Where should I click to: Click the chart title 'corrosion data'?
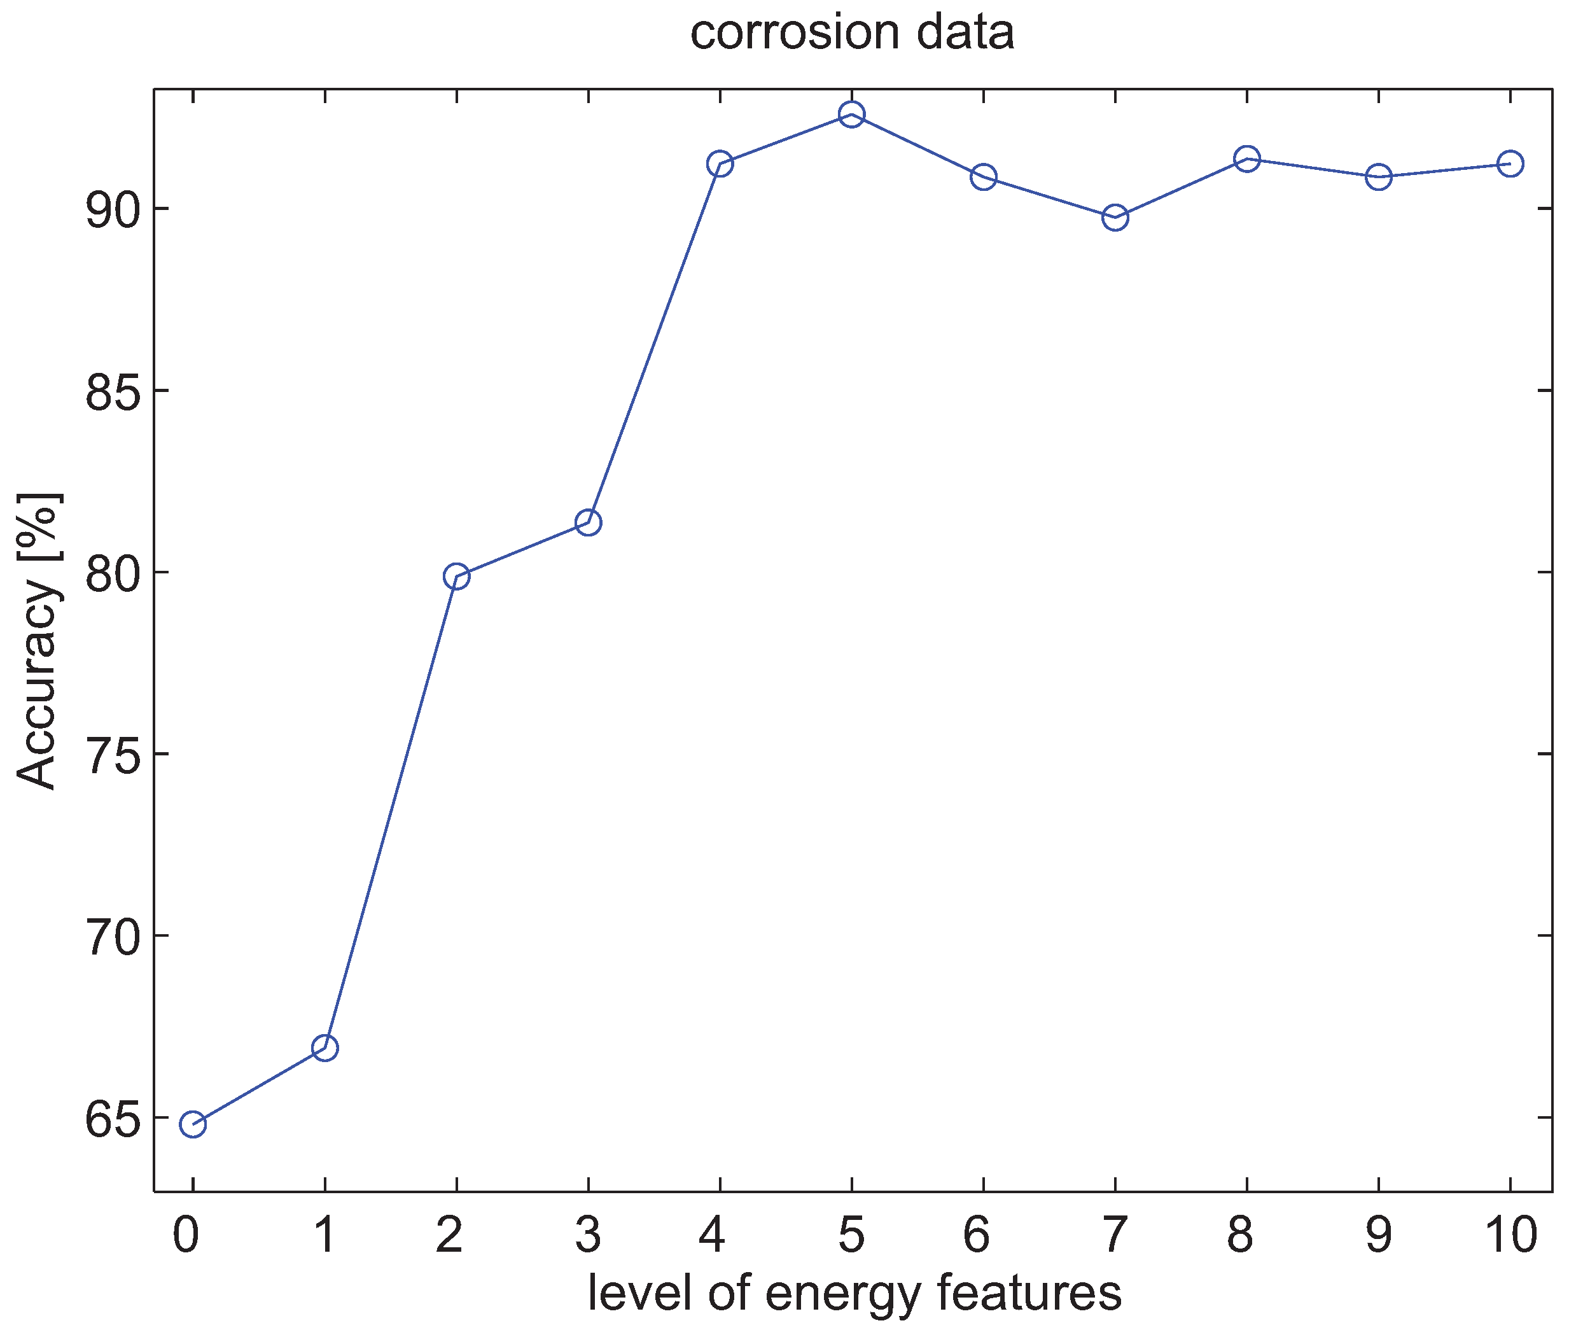(x=852, y=33)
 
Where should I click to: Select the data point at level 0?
(x=192, y=1124)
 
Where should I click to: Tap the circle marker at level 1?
(x=324, y=1047)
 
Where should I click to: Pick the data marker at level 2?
(x=456, y=577)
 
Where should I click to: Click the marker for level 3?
(x=588, y=522)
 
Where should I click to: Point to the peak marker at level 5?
(x=851, y=115)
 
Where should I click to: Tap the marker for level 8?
(x=1247, y=158)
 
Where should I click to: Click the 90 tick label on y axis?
(x=113, y=209)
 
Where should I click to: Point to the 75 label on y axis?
(x=113, y=755)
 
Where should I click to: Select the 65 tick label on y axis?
(x=113, y=1119)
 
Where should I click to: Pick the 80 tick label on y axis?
(x=113, y=573)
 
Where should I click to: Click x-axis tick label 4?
(x=713, y=1236)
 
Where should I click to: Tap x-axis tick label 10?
(x=1510, y=1236)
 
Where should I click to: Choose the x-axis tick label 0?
(x=186, y=1236)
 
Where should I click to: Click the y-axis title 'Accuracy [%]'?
(x=38, y=641)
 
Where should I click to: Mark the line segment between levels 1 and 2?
(x=391, y=812)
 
